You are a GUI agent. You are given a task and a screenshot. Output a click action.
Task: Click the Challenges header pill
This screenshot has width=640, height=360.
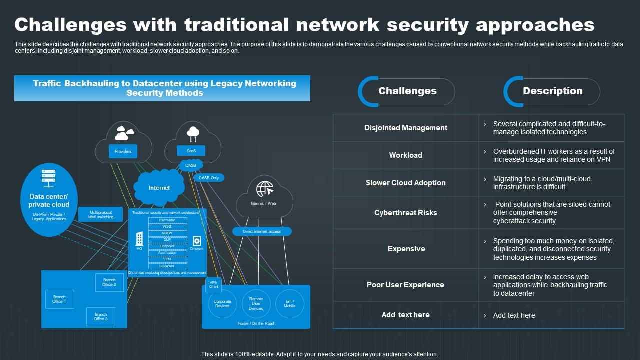point(407,91)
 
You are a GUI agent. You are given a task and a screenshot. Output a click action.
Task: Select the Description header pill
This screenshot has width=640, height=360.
point(552,91)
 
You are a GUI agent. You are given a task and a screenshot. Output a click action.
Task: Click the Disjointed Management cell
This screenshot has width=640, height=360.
point(406,128)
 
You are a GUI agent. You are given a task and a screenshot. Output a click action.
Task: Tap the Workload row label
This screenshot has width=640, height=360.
point(406,155)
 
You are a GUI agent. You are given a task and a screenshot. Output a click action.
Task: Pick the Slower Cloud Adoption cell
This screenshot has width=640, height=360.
point(406,183)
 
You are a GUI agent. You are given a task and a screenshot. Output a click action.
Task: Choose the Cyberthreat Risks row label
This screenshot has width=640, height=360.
point(406,213)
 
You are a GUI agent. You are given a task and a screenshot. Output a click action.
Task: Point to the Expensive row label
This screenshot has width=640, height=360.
point(406,249)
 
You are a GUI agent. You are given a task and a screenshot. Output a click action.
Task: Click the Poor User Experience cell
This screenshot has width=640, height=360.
point(406,285)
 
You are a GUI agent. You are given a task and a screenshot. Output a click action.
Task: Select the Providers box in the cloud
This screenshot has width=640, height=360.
point(123,151)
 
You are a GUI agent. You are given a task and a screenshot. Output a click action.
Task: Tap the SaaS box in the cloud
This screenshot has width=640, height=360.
point(191,150)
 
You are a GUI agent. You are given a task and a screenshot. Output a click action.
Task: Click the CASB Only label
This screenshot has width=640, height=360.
point(209,178)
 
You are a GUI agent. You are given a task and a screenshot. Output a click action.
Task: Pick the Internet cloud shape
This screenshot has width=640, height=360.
point(159,188)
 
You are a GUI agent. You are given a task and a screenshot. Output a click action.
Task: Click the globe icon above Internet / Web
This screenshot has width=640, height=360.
point(265,189)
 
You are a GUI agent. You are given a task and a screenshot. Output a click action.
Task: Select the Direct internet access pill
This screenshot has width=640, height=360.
point(262,231)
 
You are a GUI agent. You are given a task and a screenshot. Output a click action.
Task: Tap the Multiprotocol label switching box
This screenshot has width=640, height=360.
point(101,214)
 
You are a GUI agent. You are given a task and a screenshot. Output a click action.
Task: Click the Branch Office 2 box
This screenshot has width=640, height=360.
point(109,282)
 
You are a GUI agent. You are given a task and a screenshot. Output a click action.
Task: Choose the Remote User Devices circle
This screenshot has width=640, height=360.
point(256,304)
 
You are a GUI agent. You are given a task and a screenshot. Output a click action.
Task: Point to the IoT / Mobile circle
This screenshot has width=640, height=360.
point(290,304)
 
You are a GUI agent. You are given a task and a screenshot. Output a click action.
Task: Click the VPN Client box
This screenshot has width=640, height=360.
point(214,284)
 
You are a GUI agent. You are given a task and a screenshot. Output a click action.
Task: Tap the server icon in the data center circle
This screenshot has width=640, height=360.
point(49,178)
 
